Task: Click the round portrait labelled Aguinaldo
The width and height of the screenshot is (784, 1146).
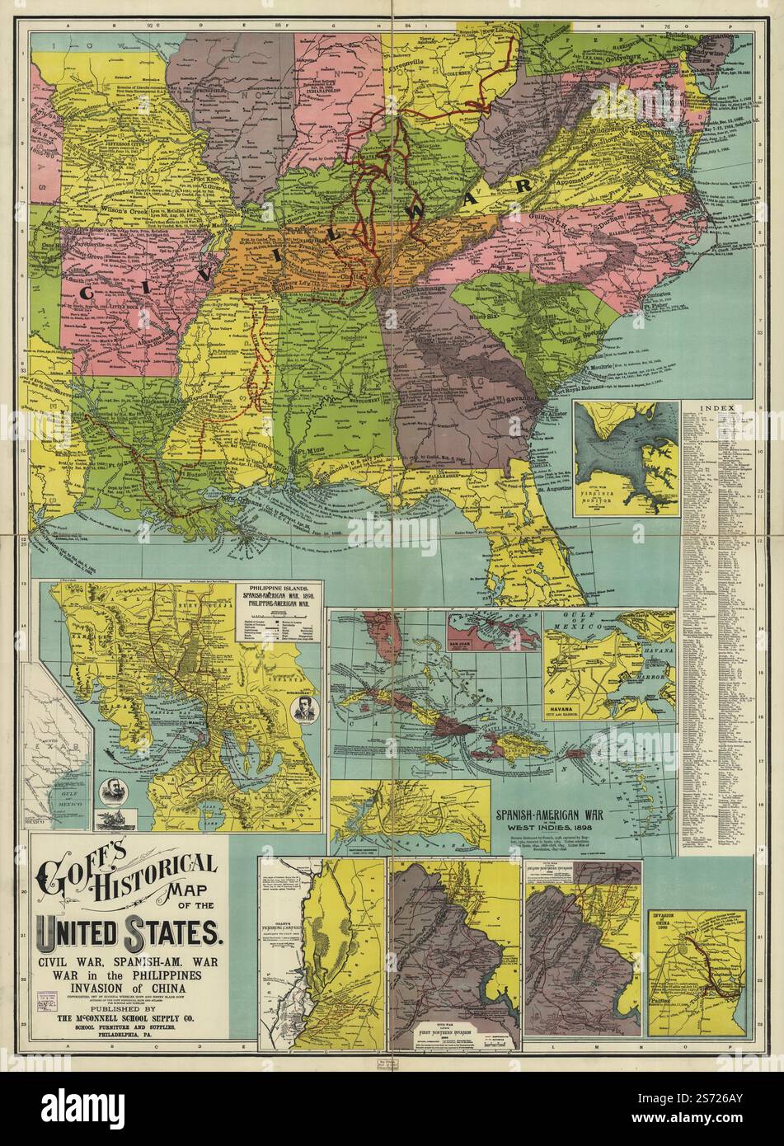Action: coord(303,707)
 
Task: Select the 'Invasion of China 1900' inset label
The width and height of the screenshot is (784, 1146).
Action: coord(669,921)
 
